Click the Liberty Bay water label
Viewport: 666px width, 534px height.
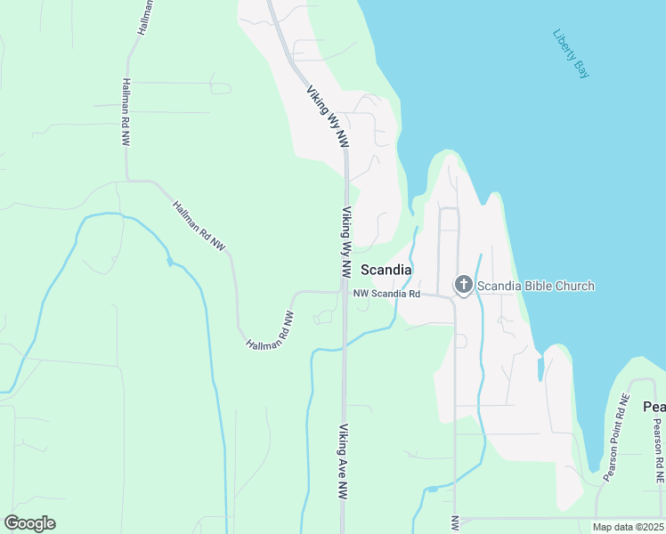[x=571, y=54]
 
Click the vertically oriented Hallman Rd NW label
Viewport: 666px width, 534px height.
[x=124, y=112]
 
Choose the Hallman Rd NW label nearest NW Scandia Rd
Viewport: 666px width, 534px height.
[x=270, y=330]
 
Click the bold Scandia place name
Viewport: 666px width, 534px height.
[x=386, y=270]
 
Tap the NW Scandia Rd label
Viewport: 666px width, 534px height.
[x=386, y=293]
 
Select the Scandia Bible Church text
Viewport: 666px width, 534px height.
[x=535, y=286]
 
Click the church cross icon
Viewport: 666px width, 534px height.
[x=463, y=286]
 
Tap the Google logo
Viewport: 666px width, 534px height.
[x=29, y=523]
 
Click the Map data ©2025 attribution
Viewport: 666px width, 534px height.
[x=628, y=527]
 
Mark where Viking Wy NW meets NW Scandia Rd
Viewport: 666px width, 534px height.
[x=345, y=290]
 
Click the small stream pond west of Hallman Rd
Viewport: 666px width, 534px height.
[x=169, y=263]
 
